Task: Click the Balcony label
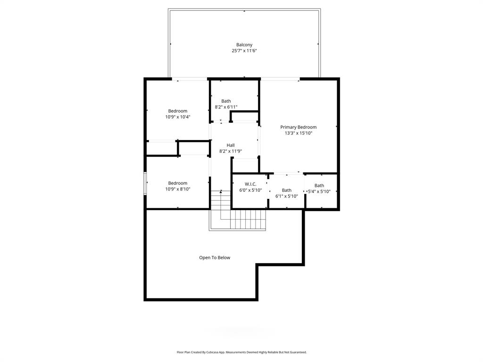[244, 45]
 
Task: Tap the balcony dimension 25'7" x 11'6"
[244, 51]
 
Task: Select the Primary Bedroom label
[298, 127]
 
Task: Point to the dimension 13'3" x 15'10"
[298, 133]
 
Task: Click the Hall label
[231, 145]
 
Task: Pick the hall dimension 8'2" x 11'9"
[231, 151]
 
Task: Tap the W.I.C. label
[250, 184]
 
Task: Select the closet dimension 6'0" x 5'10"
[250, 190]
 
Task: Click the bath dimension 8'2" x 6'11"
[226, 107]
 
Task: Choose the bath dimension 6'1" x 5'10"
[287, 196]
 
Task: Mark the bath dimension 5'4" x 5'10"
[319, 191]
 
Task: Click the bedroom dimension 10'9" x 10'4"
[178, 117]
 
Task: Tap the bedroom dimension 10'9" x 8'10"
[178, 189]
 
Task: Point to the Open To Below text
[215, 258]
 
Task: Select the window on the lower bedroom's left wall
[145, 183]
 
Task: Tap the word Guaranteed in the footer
[297, 352]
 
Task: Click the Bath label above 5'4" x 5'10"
[319, 185]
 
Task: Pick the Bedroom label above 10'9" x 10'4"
[178, 111]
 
